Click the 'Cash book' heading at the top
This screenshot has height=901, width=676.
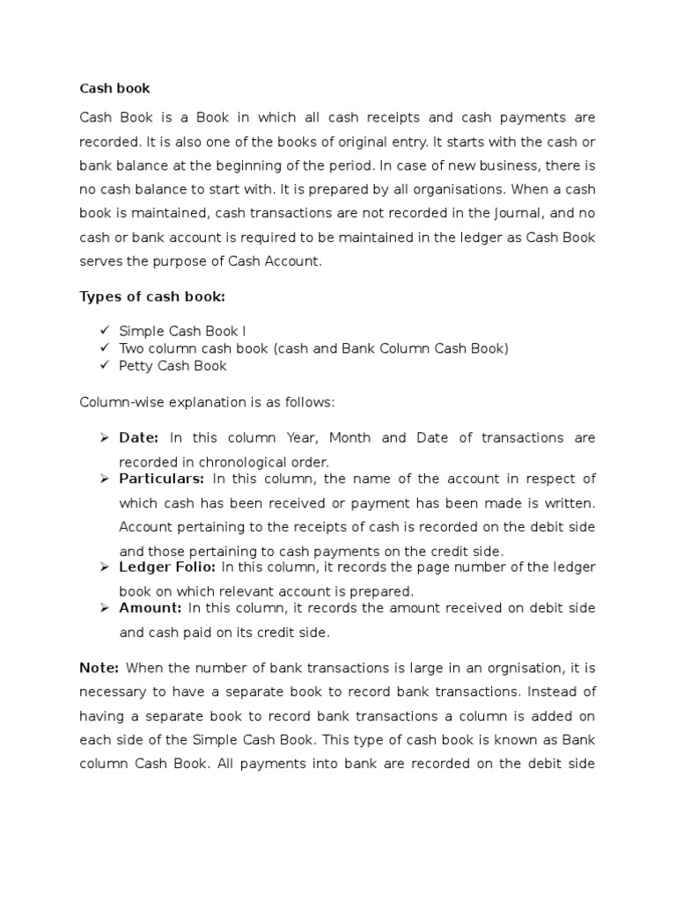[114, 88]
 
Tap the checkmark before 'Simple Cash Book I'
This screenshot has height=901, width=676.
[104, 330]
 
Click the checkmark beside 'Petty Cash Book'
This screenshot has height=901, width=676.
[104, 365]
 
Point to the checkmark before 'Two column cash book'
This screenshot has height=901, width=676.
[104, 348]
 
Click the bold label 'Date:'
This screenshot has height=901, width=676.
[139, 437]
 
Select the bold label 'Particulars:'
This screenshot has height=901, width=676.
[162, 479]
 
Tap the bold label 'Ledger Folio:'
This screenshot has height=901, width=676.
[167, 567]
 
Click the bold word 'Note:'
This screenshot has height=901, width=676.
[99, 668]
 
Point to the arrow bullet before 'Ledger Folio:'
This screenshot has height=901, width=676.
[103, 567]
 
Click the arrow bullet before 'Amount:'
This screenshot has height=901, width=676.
[103, 608]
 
